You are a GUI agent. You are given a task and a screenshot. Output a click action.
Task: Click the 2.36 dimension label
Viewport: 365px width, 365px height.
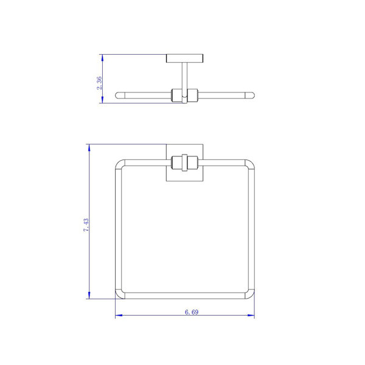(99, 83)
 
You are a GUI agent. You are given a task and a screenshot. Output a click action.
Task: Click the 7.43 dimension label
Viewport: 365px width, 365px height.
(86, 225)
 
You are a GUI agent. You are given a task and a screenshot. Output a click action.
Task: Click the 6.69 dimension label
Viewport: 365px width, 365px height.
(192, 312)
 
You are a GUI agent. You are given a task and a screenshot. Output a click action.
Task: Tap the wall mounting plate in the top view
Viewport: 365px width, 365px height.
(184, 58)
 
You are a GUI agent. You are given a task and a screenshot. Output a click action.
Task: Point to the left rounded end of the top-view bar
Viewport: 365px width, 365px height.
(120, 96)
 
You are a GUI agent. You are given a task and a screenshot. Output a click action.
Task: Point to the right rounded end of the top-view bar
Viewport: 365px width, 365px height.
(250, 96)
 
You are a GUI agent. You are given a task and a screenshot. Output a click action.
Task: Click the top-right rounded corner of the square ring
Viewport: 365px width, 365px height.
(251, 164)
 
